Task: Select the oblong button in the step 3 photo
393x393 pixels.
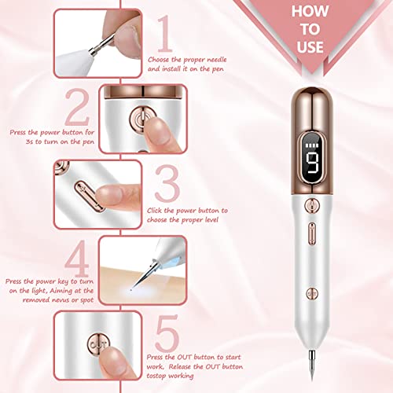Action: tap(82, 191)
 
